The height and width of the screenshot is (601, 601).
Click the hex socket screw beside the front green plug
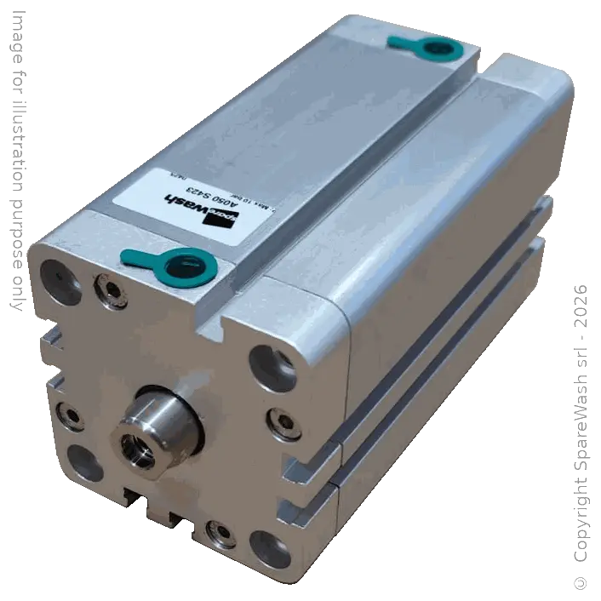pos(111,290)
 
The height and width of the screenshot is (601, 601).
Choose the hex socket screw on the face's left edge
pos(69,415)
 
